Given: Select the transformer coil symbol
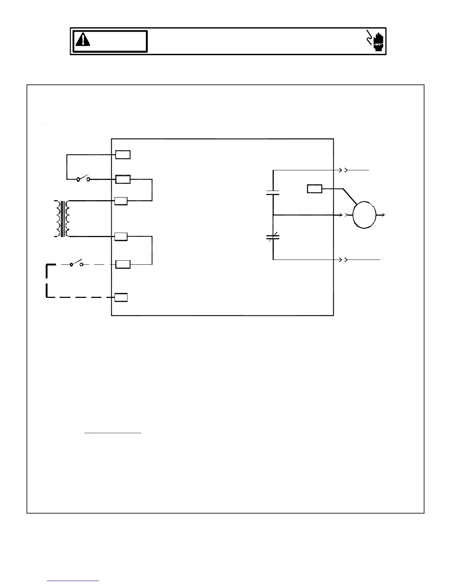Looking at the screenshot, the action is [x=62, y=219].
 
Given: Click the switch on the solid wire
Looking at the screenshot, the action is [x=83, y=179].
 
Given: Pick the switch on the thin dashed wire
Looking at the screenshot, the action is [x=76, y=264].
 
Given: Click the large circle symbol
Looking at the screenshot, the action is [x=364, y=215].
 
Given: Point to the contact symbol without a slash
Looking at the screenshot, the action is [x=273, y=192].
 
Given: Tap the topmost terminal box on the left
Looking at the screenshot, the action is [x=123, y=154].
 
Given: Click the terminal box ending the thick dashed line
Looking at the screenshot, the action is [x=121, y=297].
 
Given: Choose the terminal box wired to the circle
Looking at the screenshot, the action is [x=315, y=189].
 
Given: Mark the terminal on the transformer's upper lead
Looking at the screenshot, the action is [x=121, y=201].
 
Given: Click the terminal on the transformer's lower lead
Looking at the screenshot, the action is [x=121, y=237].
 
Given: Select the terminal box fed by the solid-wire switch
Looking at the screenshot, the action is [x=123, y=180].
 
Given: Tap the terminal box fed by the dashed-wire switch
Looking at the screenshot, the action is [x=123, y=264].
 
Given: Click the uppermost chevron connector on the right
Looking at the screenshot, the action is [x=343, y=170].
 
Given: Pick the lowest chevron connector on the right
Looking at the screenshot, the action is [x=343, y=260].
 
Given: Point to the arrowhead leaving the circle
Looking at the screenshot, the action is [x=383, y=215].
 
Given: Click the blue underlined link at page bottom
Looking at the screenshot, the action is [x=73, y=581].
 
